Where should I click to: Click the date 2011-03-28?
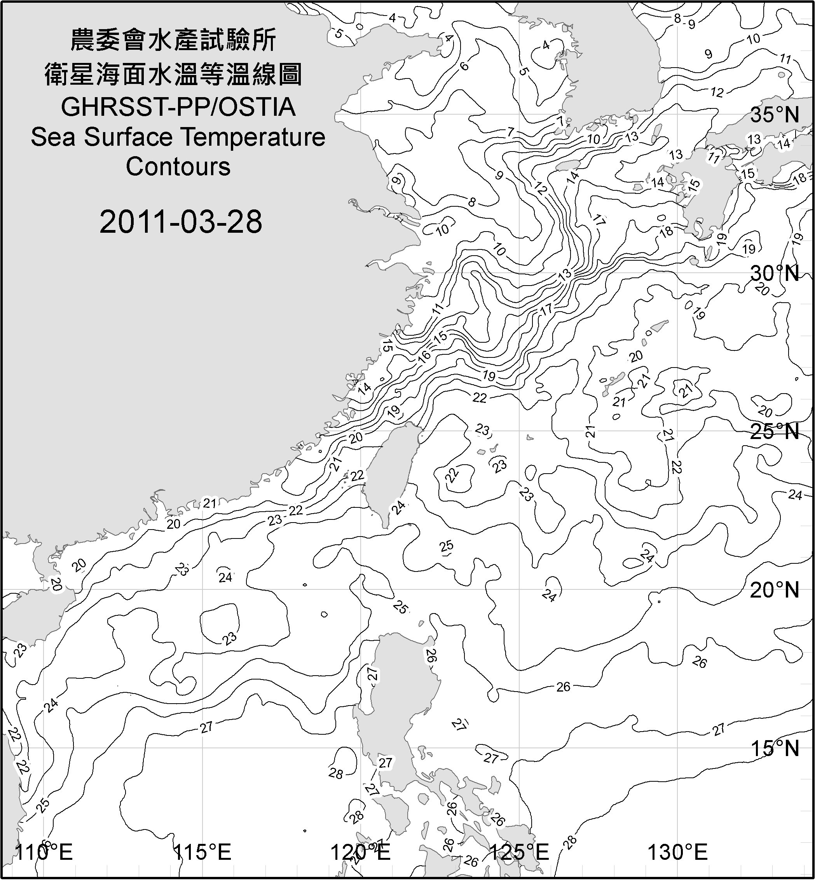click(x=181, y=222)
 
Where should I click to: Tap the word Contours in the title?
click(x=178, y=167)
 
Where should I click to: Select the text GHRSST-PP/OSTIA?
click(x=178, y=107)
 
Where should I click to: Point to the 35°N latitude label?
click(x=775, y=115)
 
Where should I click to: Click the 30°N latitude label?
click(x=775, y=274)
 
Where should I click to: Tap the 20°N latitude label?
click(x=775, y=590)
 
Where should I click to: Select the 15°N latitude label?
click(x=775, y=748)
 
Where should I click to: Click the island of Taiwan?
click(x=390, y=472)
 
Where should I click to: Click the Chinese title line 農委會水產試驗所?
click(x=173, y=40)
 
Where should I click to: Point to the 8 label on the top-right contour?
click(x=677, y=19)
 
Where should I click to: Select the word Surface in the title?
click(x=128, y=137)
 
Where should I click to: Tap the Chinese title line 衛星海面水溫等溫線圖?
click(x=173, y=74)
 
